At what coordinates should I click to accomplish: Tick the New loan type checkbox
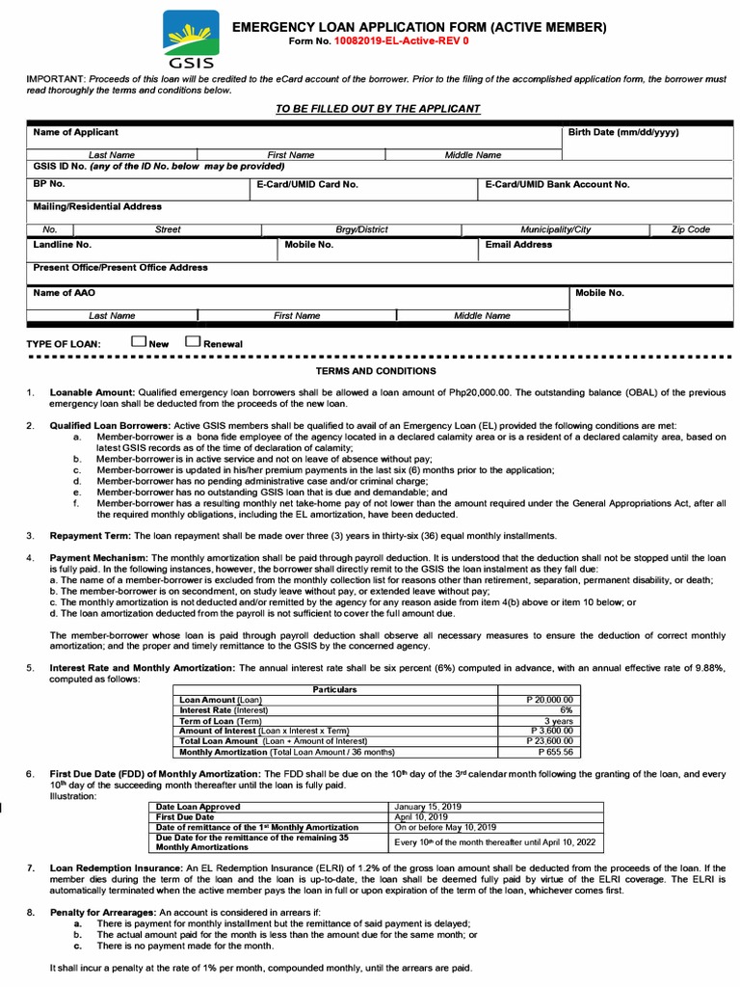(x=139, y=341)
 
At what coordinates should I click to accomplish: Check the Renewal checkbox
(x=193, y=341)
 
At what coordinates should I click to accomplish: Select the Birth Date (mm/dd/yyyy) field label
(x=623, y=132)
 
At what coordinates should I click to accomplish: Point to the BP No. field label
(x=49, y=183)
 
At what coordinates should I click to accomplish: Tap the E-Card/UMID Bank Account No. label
(x=557, y=183)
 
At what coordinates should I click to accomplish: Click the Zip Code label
(x=691, y=230)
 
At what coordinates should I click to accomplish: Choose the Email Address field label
(x=518, y=245)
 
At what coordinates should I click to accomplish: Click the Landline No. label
(x=63, y=245)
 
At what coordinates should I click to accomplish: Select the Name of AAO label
(x=65, y=292)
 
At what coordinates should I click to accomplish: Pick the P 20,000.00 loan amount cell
(x=548, y=699)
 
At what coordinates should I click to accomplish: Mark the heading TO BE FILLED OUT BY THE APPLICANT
(x=378, y=109)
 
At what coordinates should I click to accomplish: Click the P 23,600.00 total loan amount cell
(x=548, y=741)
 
